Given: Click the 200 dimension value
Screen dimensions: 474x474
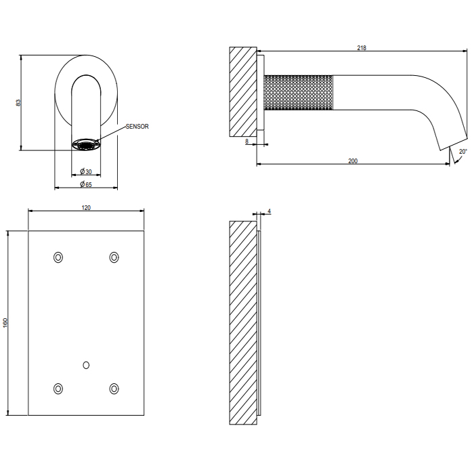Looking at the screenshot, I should tap(352, 160).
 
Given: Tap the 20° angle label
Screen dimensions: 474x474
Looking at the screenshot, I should tap(462, 152).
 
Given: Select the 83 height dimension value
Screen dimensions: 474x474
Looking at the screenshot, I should tap(18, 102).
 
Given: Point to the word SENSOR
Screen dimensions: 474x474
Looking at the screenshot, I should tap(137, 127).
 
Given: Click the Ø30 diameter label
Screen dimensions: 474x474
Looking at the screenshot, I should tap(86, 171).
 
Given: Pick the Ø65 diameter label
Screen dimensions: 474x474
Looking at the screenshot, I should tap(86, 184).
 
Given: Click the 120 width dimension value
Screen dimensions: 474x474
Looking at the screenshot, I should tap(86, 208).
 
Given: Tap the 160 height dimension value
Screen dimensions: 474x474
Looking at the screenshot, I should tap(5, 324).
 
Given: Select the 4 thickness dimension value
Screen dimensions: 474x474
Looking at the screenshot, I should tap(270, 212).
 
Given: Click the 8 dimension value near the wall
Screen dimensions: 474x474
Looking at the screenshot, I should tap(247, 141).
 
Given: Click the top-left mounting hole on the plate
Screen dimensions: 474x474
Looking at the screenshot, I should tap(58, 257).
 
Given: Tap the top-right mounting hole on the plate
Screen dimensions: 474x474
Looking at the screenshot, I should tap(114, 257).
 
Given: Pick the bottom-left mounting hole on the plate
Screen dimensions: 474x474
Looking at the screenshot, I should tap(58, 388).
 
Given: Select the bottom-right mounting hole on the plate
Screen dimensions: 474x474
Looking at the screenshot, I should tap(114, 388).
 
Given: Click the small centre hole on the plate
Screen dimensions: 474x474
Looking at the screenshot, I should tap(86, 365).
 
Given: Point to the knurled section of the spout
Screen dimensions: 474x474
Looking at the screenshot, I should tap(299, 92).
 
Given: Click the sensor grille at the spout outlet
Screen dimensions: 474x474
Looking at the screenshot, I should tap(86, 144).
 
